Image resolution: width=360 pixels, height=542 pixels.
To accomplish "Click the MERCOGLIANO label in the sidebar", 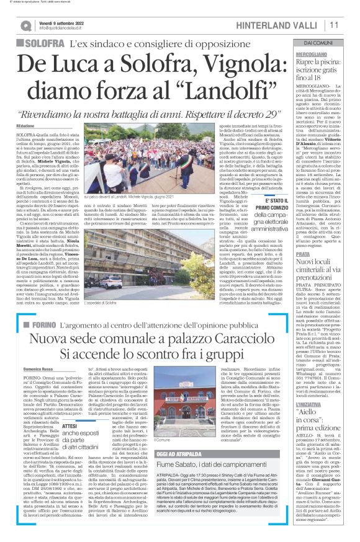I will pos(303,54).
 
